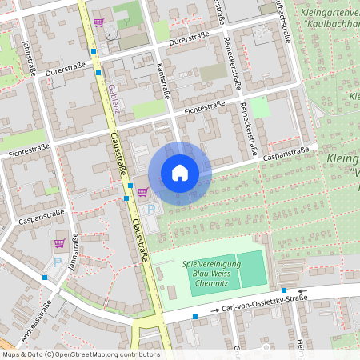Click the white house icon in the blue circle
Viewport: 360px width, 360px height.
pyautogui.click(x=179, y=173)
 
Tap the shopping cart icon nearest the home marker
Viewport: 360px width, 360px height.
pyautogui.click(x=142, y=191)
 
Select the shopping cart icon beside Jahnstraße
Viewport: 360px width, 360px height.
pyautogui.click(x=58, y=242)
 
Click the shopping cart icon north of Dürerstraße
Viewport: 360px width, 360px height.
pyautogui.click(x=98, y=22)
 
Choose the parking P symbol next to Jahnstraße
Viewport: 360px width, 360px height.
pyautogui.click(x=57, y=262)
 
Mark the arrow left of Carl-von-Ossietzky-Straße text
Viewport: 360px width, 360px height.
pyautogui.click(x=214, y=310)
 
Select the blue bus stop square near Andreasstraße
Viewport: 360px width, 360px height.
pyautogui.click(x=45, y=278)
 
